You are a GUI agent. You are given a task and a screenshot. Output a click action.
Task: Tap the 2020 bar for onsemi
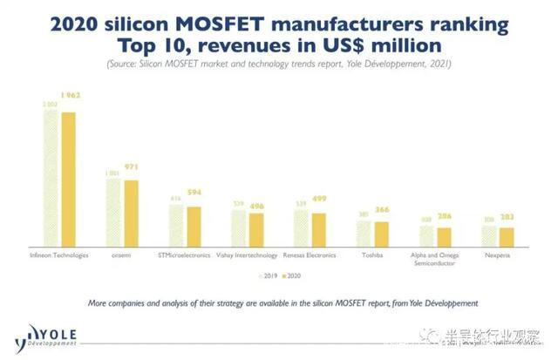point(131,214)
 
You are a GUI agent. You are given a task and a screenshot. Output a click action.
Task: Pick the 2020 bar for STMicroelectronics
point(194,227)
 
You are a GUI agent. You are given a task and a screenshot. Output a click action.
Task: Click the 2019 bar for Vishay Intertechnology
point(240,229)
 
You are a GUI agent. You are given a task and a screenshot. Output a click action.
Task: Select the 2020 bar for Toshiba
point(382,234)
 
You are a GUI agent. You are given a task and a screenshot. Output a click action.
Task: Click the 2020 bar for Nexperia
point(507,237)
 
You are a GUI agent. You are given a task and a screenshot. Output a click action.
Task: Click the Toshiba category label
point(372,256)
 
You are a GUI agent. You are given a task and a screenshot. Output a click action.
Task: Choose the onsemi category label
point(122,256)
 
